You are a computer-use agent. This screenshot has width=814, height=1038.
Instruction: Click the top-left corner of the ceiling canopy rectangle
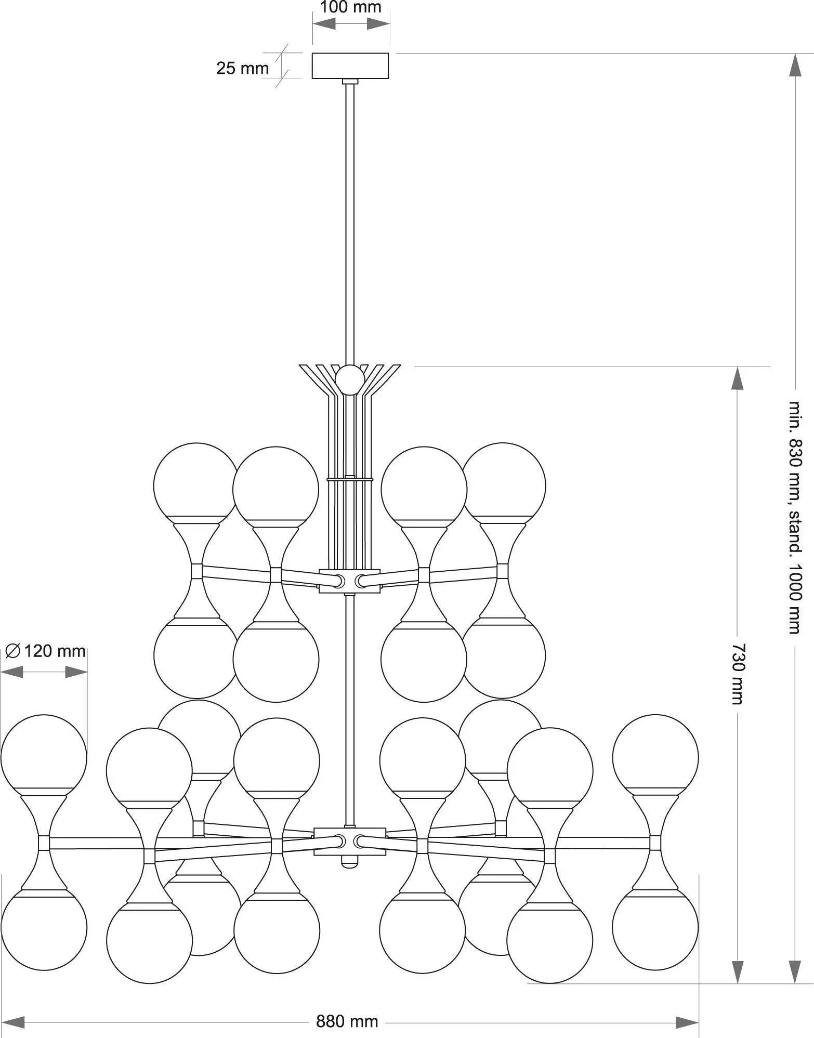point(312,53)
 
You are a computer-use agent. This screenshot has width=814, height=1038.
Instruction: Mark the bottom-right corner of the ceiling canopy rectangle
point(389,79)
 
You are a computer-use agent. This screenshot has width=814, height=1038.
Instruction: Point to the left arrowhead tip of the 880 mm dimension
point(2,1022)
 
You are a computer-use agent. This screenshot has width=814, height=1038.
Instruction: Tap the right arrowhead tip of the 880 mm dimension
point(699,1022)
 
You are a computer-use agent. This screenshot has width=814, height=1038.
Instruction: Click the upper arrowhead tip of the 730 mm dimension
point(737,367)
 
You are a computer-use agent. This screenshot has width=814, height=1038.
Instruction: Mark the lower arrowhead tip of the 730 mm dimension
point(737,983)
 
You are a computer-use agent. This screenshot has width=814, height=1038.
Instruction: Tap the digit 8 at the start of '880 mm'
point(321,1022)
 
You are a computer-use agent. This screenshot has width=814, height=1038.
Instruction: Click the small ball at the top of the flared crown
point(350,380)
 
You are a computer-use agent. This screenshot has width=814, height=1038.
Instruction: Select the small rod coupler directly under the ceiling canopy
point(350,82)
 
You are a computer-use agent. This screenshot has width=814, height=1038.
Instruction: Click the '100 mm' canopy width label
point(350,7)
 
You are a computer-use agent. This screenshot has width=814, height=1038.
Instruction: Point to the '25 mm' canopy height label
point(242,68)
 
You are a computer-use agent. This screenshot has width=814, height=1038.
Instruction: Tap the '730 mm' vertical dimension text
point(737,674)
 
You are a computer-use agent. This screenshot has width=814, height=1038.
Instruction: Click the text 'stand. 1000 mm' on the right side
point(795,572)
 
